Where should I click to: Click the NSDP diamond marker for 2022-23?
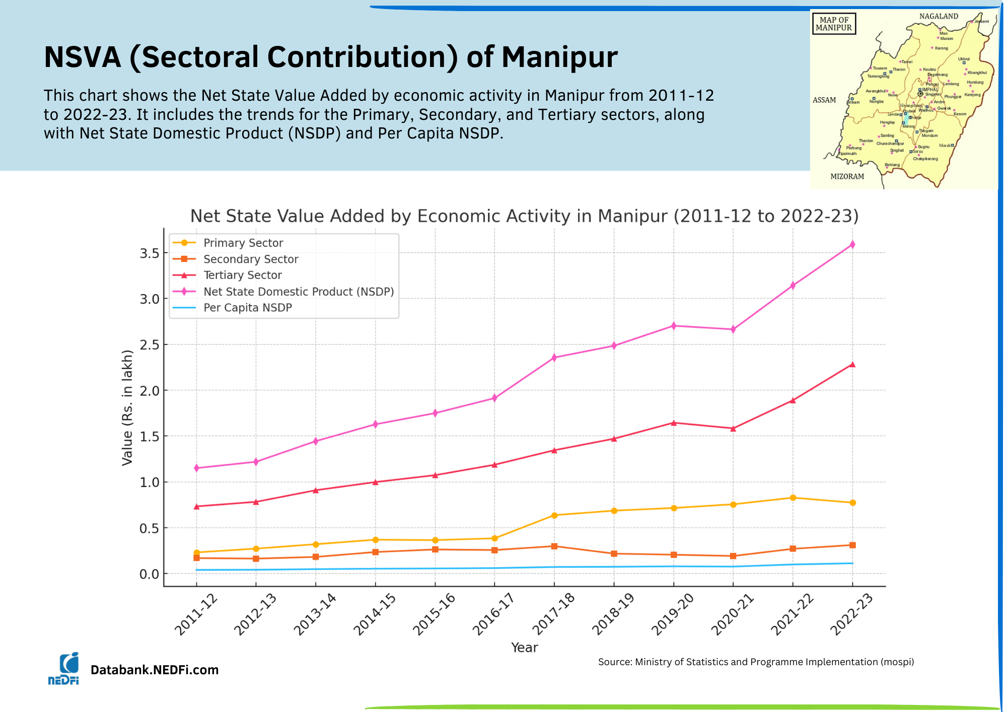pyautogui.click(x=852, y=245)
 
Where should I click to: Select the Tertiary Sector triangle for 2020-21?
pyautogui.click(x=733, y=429)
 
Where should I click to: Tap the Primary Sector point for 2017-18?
pyautogui.click(x=554, y=515)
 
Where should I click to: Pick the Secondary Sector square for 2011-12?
pyautogui.click(x=196, y=558)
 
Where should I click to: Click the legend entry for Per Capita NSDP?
pyautogui.click(x=247, y=308)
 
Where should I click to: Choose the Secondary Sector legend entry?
pyautogui.click(x=251, y=259)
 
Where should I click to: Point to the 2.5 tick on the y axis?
pyautogui.click(x=150, y=345)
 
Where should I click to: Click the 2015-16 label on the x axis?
pyautogui.click(x=434, y=614)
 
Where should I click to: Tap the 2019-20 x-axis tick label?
pyautogui.click(x=672, y=614)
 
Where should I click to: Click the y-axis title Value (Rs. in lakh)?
pyautogui.click(x=127, y=408)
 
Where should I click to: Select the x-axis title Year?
pyautogui.click(x=524, y=648)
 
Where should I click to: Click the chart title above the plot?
pyautogui.click(x=524, y=216)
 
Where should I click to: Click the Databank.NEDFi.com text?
pyautogui.click(x=155, y=670)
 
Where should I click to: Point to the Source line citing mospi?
pyautogui.click(x=756, y=662)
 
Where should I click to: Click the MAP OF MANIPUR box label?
pyautogui.click(x=834, y=24)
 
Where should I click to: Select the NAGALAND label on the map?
pyautogui.click(x=939, y=16)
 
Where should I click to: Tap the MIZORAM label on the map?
pyautogui.click(x=847, y=176)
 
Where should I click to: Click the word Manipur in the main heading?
pyautogui.click(x=559, y=57)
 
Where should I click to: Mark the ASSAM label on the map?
pyautogui.click(x=824, y=100)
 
